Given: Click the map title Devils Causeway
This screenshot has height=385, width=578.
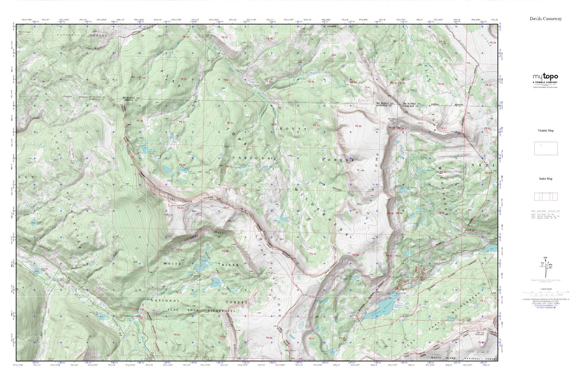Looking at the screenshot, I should pyautogui.click(x=546, y=19).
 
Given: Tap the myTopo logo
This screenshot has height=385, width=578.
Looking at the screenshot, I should pyautogui.click(x=545, y=77).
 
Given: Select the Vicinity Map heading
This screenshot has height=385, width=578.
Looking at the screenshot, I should pyautogui.click(x=546, y=131).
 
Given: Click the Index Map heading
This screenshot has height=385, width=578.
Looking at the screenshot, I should pyautogui.click(x=546, y=179).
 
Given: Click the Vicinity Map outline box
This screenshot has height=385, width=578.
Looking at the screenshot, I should pyautogui.click(x=546, y=148).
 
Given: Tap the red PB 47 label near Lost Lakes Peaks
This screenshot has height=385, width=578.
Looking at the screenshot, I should pyautogui.click(x=226, y=208).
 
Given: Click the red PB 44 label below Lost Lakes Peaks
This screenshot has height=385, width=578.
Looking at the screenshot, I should pyautogui.click(x=180, y=208).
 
